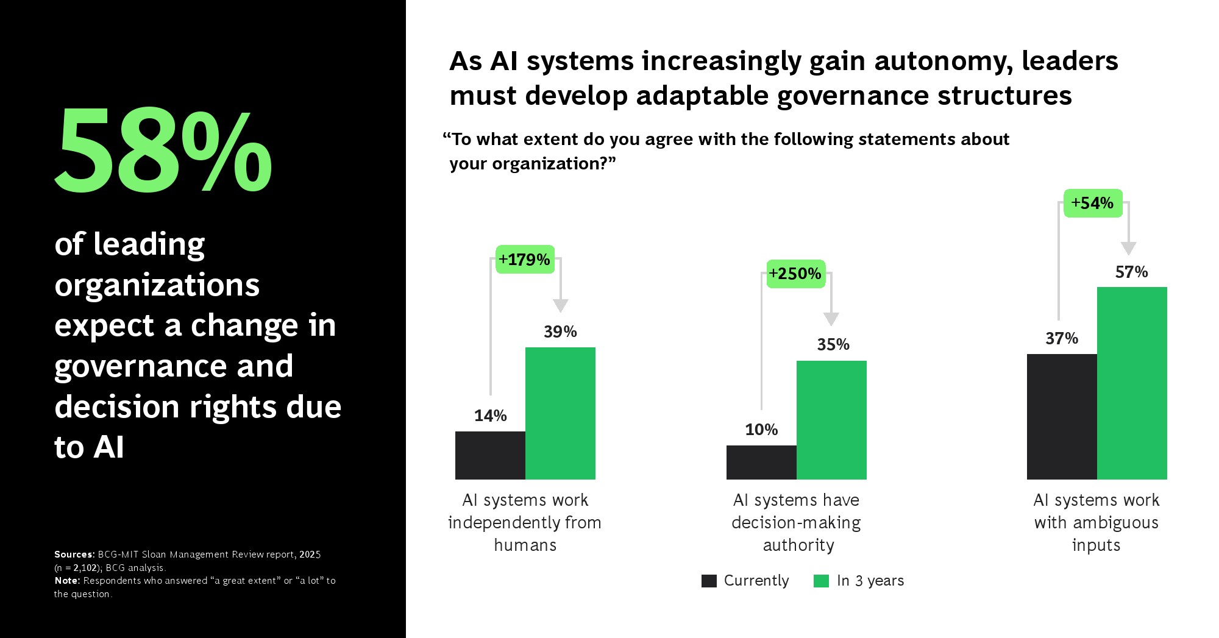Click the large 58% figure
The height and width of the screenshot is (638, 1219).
tap(163, 151)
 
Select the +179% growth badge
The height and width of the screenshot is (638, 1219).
tap(525, 260)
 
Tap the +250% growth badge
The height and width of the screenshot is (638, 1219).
tap(795, 274)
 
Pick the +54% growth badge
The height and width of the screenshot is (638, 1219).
tap(1093, 203)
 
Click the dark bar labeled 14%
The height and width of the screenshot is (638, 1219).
tap(490, 455)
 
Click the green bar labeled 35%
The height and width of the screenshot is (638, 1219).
tap(831, 420)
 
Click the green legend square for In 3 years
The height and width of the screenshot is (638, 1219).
tap(821, 581)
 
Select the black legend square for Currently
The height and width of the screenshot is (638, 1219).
tap(709, 581)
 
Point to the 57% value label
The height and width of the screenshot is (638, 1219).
tap(1131, 272)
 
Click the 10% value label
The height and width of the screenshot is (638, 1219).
tap(761, 430)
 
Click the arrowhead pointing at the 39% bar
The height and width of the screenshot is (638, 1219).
tap(560, 305)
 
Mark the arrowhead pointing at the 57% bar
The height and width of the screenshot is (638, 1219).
tap(1128, 248)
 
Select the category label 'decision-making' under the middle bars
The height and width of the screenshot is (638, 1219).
tap(796, 523)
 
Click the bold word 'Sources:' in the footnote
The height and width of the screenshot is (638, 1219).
tap(74, 555)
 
